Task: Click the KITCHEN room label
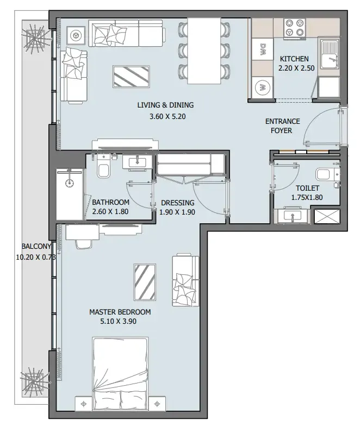tap(294, 59)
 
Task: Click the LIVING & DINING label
tap(165, 105)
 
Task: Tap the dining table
tap(204, 50)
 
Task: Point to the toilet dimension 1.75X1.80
tap(307, 198)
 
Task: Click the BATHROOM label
tap(110, 203)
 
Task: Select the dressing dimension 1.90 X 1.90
tap(178, 212)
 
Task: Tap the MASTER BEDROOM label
tap(120, 312)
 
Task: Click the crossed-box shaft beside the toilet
tap(327, 217)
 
